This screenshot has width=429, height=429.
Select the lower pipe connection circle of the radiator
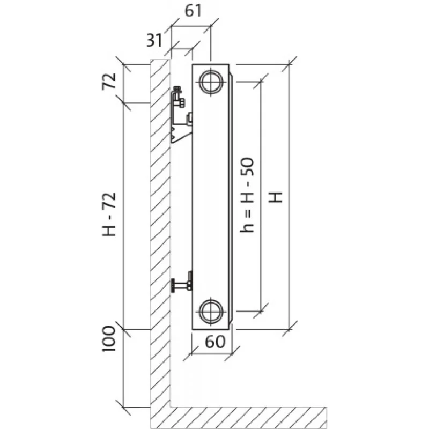point(211,310)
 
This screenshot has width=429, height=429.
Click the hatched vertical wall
point(160,214)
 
